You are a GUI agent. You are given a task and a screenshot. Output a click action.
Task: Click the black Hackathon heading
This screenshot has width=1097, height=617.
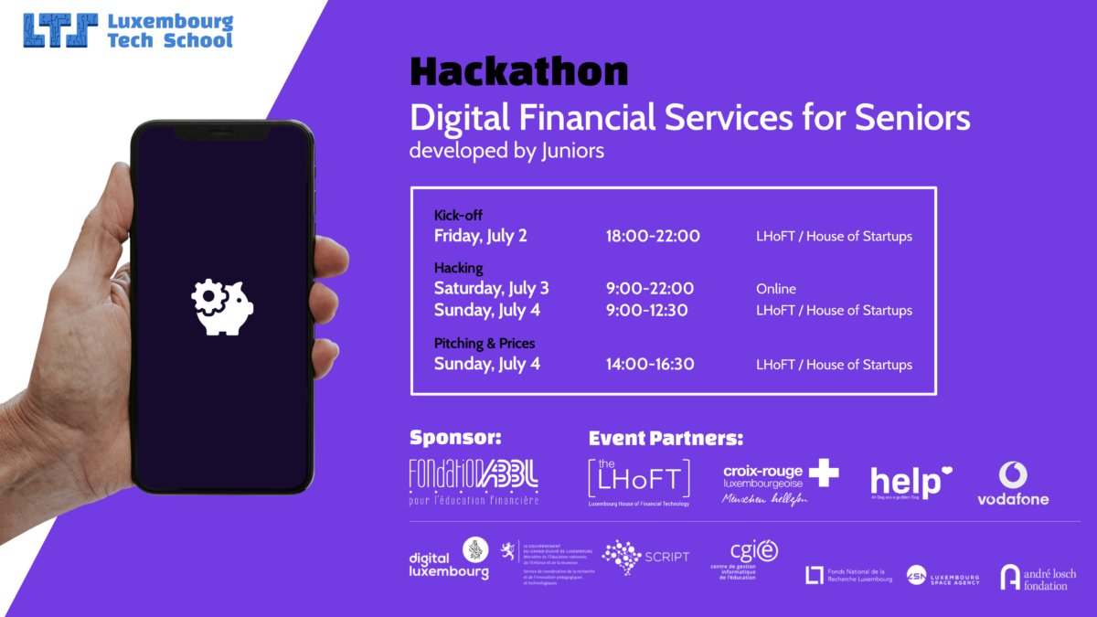518,71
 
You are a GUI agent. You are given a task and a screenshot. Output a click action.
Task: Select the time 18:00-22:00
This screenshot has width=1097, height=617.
653,236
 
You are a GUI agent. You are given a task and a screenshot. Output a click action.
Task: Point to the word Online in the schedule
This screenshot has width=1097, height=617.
775,289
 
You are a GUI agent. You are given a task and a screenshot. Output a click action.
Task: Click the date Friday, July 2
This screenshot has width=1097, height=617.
480,236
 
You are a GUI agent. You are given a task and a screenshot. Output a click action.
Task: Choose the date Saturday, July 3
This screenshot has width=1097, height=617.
491,289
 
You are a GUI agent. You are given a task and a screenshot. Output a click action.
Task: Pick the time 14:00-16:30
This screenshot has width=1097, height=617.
649,364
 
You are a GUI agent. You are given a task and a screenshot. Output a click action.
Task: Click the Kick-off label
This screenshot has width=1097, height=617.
458,215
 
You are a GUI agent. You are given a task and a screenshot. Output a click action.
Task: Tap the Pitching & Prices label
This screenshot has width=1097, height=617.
485,343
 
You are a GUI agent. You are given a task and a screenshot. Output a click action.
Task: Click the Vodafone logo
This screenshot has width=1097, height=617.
1013,484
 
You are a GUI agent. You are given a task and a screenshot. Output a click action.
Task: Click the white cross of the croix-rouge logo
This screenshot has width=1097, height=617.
823,473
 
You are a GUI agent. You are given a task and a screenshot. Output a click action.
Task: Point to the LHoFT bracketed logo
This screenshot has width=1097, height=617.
639,480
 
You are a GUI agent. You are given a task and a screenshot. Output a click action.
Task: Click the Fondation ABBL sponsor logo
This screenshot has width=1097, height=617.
474,480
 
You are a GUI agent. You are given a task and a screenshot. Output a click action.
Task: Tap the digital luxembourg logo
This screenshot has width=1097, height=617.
449,558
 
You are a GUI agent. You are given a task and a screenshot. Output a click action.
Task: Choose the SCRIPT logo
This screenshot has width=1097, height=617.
645,557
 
